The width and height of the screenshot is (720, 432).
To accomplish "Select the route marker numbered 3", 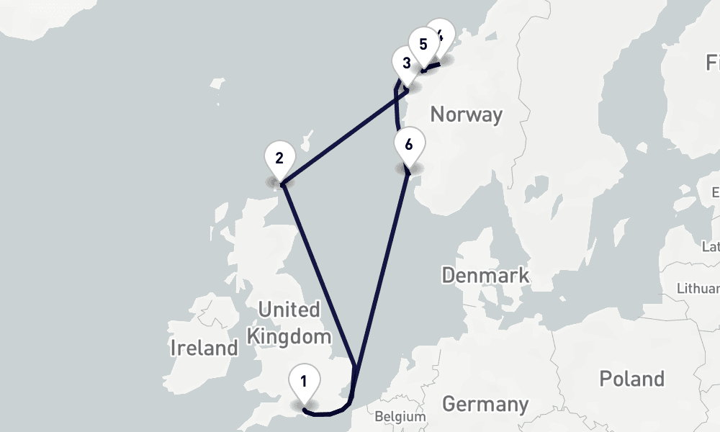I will [406, 63].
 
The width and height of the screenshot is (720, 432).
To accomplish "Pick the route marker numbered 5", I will [423, 44].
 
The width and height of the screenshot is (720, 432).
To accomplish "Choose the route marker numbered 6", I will [408, 145].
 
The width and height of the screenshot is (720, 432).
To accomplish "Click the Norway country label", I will [465, 114].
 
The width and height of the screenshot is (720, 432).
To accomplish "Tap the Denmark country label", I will [485, 275].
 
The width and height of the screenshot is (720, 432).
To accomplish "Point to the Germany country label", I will [485, 404].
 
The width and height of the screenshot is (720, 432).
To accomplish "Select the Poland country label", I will [632, 379].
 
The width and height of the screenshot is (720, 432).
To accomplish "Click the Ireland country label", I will [204, 348].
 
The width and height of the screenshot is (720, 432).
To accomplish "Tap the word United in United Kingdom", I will [289, 310].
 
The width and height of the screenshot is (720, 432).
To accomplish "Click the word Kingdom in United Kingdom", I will [289, 336].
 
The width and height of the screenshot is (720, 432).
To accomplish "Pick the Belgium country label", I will [400, 416].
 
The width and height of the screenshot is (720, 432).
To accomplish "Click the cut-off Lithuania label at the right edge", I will [698, 288].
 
